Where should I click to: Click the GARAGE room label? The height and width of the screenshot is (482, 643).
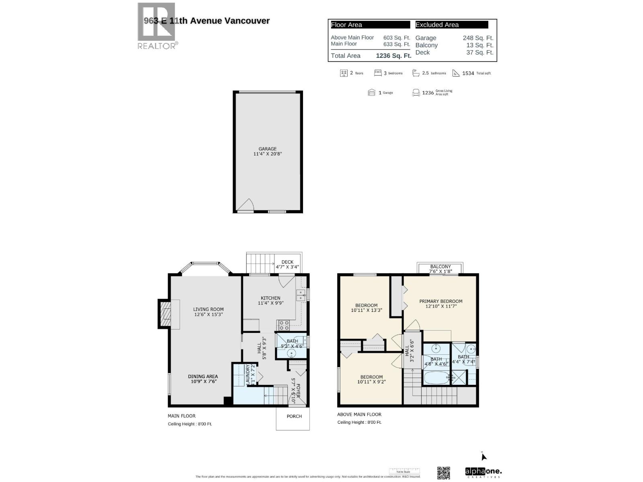click(267, 149)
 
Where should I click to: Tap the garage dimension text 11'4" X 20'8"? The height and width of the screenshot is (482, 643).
click(267, 154)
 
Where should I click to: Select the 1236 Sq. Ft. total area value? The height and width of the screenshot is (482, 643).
click(393, 56)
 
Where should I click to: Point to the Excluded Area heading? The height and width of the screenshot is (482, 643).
click(437, 25)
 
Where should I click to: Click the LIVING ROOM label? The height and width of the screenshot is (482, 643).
click(208, 309)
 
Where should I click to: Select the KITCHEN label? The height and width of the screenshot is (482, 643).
click(270, 298)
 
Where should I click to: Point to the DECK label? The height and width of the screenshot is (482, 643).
click(287, 262)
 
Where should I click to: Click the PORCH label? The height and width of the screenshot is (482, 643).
click(294, 416)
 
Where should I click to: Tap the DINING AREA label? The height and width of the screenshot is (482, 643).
click(203, 376)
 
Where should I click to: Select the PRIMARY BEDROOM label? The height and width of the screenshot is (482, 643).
click(440, 301)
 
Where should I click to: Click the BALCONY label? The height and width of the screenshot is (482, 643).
click(440, 267)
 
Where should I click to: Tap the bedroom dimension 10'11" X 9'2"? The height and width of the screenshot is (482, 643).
click(371, 382)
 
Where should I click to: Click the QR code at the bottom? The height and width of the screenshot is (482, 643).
click(443, 472)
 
